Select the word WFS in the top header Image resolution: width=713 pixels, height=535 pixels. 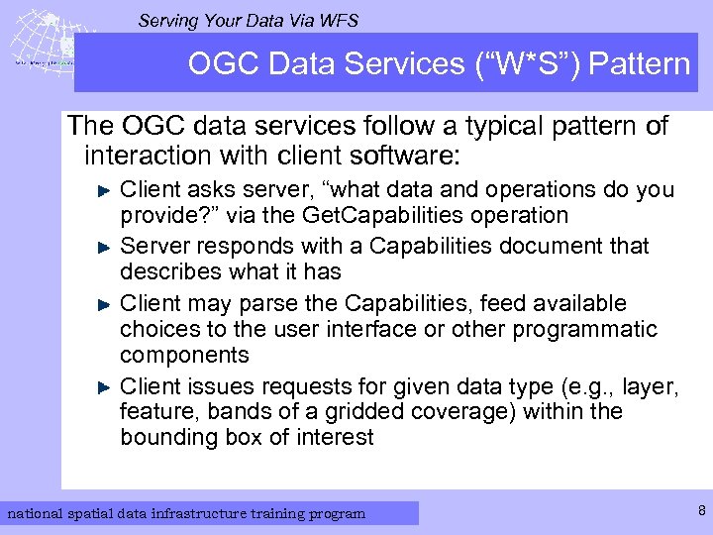(335, 20)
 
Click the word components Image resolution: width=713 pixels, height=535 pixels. (184, 355)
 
